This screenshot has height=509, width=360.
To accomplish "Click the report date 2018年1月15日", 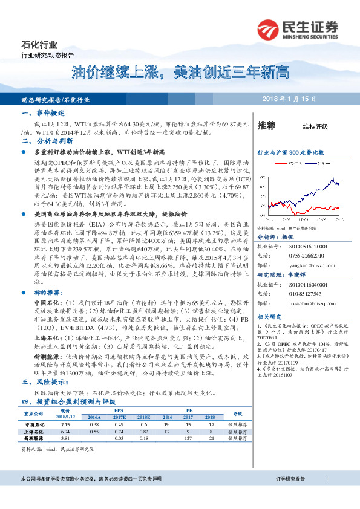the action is pos(289,99).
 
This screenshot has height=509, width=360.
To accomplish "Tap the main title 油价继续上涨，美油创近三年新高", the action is pos(180,74).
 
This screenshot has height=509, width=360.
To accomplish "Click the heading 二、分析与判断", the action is pos(44,141).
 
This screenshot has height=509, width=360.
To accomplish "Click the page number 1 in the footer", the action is pos(327,479).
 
